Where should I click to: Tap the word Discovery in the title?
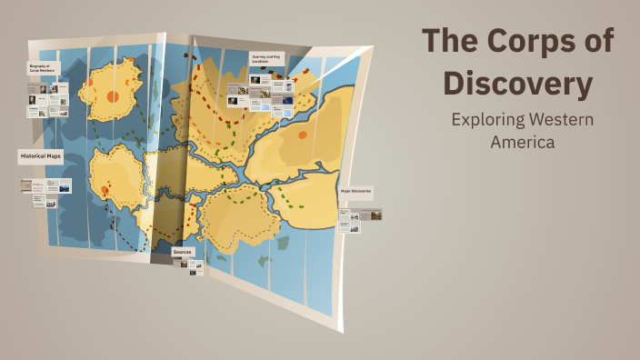click(x=518, y=85)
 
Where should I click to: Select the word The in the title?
click(x=452, y=42)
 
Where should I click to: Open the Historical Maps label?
click(x=40, y=157)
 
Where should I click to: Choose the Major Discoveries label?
click(x=355, y=193)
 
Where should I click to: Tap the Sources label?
click(x=183, y=250)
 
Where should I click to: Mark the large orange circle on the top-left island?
click(x=113, y=95)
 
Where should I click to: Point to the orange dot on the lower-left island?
click(x=105, y=190)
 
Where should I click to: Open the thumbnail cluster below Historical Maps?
click(x=45, y=193)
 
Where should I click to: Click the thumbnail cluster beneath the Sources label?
click(x=191, y=265)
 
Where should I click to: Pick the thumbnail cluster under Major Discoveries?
click(x=359, y=220)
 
